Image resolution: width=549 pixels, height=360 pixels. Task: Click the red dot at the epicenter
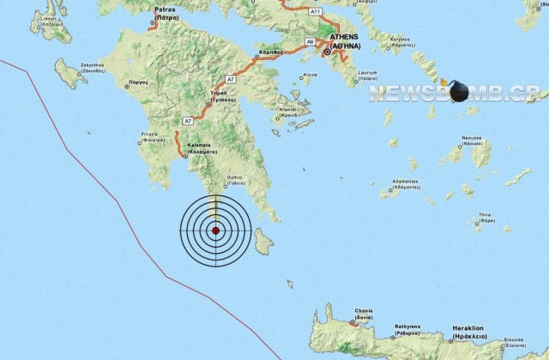(x=216, y=231)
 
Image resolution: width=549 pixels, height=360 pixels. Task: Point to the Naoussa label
(x=471, y=138)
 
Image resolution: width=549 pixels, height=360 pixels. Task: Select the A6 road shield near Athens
(x=310, y=40)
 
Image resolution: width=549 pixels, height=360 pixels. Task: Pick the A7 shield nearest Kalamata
(x=187, y=122)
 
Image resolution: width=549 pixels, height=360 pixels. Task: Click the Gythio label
(x=236, y=180)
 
